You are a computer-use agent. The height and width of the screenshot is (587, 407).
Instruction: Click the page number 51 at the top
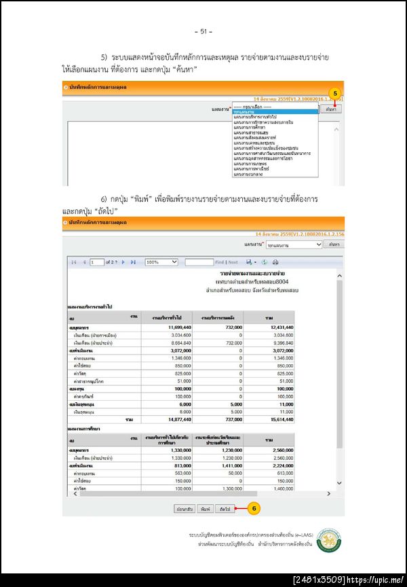203,31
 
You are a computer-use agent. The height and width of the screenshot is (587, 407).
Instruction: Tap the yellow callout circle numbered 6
252,508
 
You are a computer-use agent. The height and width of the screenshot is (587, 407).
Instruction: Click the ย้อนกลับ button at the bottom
185,508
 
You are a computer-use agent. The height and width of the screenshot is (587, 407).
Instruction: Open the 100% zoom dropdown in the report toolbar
161,262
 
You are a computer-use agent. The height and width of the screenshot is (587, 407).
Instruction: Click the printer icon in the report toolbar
275,262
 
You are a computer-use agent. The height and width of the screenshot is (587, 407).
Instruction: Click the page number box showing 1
96,262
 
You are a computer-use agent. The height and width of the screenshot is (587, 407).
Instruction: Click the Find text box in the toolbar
199,262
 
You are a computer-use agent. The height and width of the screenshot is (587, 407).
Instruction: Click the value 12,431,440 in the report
279,327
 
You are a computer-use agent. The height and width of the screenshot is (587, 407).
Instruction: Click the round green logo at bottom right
330,539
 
